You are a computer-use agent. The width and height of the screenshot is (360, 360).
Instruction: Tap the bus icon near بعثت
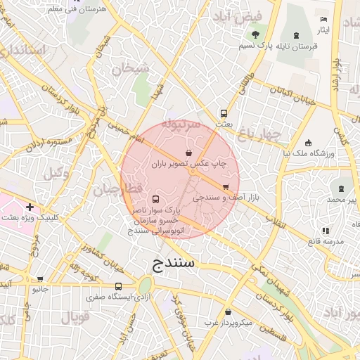(224, 112)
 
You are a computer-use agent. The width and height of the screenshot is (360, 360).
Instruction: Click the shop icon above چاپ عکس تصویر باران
(188, 153)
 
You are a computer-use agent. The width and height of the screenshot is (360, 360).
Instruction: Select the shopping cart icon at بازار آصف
(225, 187)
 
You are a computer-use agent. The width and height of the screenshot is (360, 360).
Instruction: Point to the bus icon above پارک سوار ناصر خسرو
(155, 199)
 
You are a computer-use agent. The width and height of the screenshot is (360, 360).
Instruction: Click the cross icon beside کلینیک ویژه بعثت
(30, 207)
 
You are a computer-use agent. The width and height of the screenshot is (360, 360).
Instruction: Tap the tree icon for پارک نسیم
(255, 34)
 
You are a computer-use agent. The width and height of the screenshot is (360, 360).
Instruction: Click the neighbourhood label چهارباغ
(259, 133)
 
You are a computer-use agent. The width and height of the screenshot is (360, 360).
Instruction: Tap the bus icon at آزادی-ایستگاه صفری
(118, 286)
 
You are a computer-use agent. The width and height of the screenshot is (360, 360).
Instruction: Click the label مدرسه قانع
(325, 241)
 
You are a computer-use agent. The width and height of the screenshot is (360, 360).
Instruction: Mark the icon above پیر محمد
(342, 188)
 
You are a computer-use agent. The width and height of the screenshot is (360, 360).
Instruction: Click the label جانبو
(41, 288)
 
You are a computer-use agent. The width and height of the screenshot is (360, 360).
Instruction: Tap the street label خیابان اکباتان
(287, 94)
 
